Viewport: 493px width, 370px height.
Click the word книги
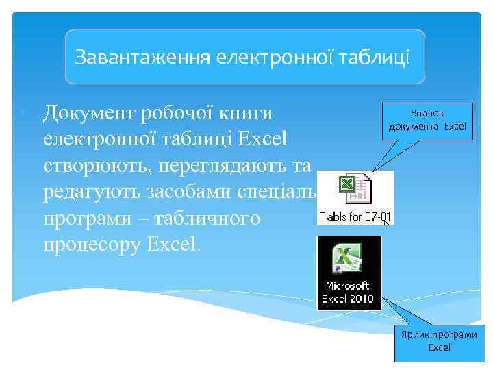tap(249, 112)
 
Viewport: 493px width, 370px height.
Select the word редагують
tap(91, 193)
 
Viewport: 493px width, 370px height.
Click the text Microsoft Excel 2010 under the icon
tap(349, 291)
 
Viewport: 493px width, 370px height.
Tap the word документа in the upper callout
tap(415, 127)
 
